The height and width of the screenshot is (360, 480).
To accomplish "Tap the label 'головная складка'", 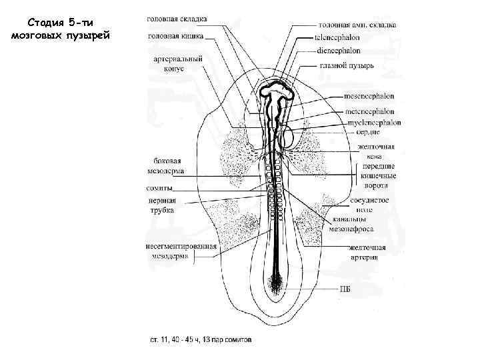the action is click(177, 19).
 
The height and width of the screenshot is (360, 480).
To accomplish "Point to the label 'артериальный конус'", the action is click(178, 64).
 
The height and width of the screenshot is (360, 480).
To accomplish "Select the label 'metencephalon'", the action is click(369, 111).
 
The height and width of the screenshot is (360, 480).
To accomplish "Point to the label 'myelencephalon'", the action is click(373, 123).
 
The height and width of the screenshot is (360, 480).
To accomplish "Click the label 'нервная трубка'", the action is click(162, 205).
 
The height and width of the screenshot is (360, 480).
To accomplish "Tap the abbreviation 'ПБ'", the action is click(345, 289).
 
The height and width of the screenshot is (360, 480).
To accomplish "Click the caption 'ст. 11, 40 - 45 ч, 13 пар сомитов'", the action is click(200, 339).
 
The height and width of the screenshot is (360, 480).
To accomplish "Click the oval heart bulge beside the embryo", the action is click(289, 138).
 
